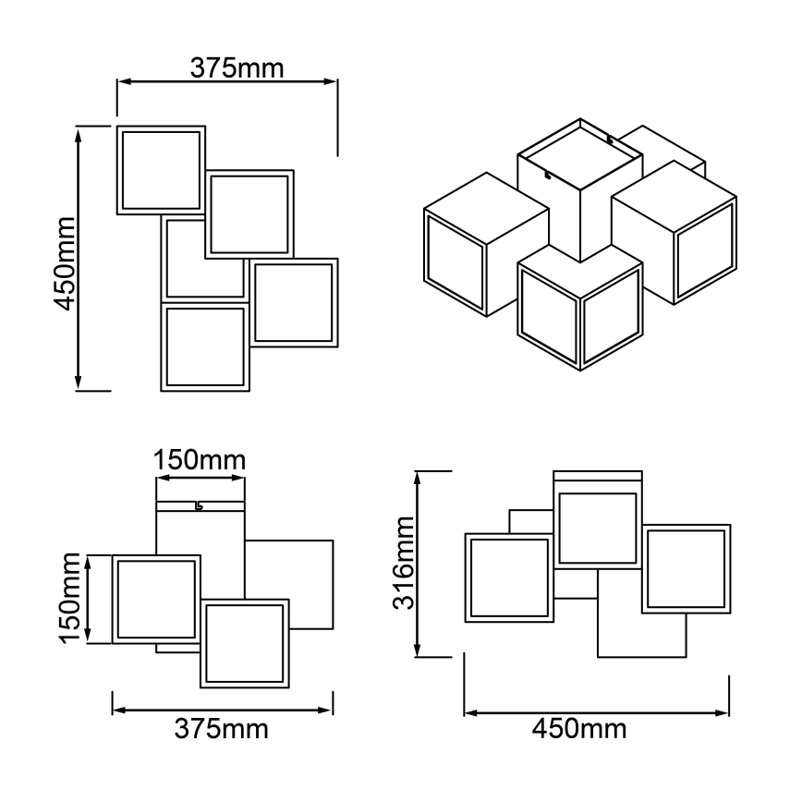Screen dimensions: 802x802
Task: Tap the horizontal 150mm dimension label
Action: coord(200,459)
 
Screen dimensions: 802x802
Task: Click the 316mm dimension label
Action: coord(403,564)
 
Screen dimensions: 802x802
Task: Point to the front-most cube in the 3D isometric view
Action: coord(579,307)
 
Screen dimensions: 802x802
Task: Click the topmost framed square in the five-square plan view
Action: coord(161,170)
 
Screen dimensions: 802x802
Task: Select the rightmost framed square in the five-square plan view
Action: coord(294,303)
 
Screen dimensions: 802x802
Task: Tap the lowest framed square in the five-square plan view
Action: coord(205,346)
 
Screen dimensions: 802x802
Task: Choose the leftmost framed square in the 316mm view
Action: coord(508,577)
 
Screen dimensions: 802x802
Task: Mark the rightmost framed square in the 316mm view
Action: coord(687,569)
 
